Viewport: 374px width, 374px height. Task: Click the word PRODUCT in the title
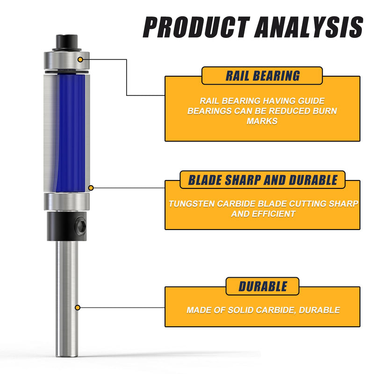[196, 27]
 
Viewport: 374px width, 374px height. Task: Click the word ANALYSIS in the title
[309, 27]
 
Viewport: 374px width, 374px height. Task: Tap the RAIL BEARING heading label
[262, 76]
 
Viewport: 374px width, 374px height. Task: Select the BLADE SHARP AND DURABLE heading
[263, 180]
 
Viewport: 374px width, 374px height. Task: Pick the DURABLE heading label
[263, 287]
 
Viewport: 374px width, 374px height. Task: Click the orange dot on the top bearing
[80, 59]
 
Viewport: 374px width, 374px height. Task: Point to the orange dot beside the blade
[91, 188]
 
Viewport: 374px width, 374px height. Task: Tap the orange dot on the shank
[77, 308]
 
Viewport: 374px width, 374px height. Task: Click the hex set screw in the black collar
[80, 225]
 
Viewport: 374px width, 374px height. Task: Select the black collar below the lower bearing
[66, 226]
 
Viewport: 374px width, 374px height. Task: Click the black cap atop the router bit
[67, 42]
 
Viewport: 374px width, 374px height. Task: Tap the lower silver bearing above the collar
[67, 202]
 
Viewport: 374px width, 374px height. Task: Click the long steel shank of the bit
[67, 299]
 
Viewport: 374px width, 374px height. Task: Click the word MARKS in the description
[262, 121]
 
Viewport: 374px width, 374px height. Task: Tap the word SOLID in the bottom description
[241, 310]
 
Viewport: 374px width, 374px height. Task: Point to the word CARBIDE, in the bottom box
[276, 310]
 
